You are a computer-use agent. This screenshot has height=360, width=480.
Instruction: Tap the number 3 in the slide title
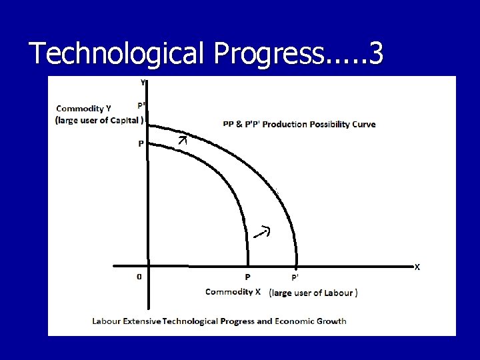pos(375,54)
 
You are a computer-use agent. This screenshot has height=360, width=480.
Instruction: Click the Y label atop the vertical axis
pos(142,83)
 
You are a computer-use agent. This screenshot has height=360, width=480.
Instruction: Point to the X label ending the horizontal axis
pos(417,267)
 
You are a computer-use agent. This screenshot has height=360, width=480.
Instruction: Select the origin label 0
pos(139,277)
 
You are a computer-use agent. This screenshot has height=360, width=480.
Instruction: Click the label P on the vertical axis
pos(141,144)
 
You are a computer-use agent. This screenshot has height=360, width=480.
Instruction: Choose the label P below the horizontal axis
pos(247,277)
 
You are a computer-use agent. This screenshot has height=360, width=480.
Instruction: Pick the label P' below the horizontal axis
pos(295,277)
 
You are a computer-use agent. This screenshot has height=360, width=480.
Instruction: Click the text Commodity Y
pos(84,108)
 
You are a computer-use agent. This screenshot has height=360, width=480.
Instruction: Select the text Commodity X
pos(233,292)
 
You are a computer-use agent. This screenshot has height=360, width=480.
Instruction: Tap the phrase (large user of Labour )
pos(313,293)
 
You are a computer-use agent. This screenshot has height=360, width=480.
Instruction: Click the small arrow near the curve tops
pos(183,139)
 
